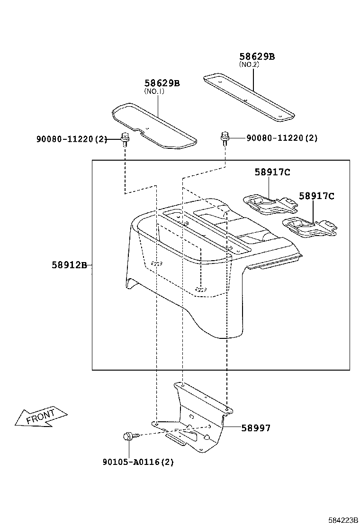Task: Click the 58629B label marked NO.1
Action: click(162, 83)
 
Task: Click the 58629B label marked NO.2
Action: click(257, 56)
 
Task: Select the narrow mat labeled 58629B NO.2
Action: click(248, 96)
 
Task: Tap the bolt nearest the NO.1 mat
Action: click(125, 139)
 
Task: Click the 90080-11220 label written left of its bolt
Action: click(72, 139)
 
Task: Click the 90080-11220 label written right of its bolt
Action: click(281, 138)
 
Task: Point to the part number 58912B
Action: click(69, 265)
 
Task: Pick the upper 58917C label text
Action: click(272, 173)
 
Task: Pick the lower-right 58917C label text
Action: click(316, 196)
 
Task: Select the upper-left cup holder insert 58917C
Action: click(269, 204)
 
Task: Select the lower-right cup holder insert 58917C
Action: click(309, 227)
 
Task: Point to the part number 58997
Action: click(256, 428)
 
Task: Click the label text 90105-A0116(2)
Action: click(137, 462)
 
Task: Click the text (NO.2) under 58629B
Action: click(249, 64)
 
